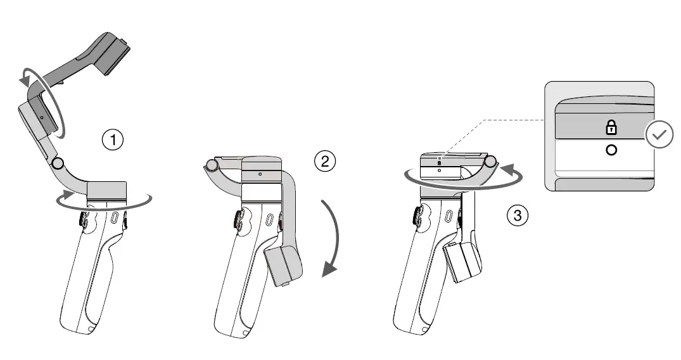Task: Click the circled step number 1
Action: click(113, 140)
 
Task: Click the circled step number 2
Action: click(324, 161)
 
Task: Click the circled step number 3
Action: click(518, 215)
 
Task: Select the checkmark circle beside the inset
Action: click(658, 134)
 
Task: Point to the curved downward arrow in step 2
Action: click(331, 241)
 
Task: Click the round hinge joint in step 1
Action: click(58, 164)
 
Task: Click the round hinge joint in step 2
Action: click(212, 166)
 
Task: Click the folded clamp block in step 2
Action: click(283, 265)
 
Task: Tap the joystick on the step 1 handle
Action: click(84, 219)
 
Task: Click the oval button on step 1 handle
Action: click(115, 219)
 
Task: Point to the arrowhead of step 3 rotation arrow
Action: click(506, 169)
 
